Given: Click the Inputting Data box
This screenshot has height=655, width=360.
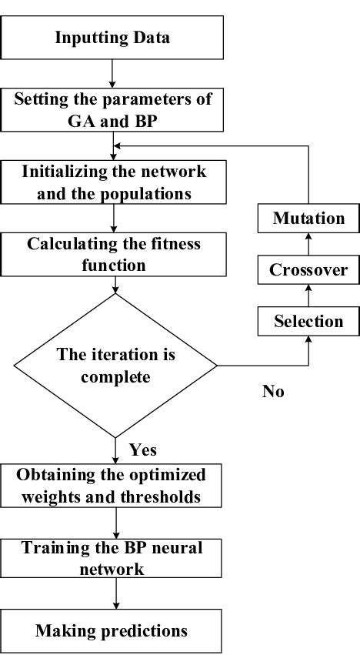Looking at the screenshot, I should point(114,37).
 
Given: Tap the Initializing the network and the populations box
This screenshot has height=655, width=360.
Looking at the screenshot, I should point(114,181).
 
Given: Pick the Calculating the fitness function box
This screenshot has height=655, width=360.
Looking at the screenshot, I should point(114,254).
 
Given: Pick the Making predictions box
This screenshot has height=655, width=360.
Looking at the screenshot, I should point(114,631).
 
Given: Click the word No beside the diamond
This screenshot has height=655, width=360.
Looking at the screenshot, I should point(273,392).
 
